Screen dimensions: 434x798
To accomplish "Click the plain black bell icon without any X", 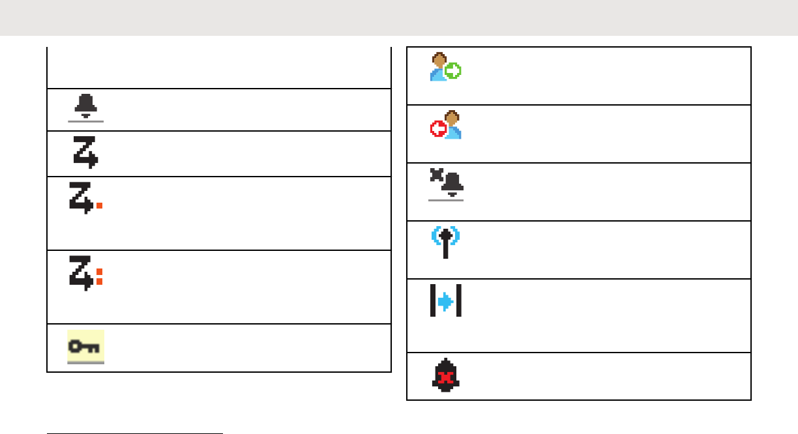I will pos(85,106).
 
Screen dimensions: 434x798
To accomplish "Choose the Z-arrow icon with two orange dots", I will pos(85,272).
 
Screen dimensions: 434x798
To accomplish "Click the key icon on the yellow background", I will pos(86,347).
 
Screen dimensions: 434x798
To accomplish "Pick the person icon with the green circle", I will pos(445,67).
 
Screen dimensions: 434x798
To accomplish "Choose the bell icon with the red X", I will pos(445,377).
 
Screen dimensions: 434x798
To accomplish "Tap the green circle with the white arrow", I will pos(453,71).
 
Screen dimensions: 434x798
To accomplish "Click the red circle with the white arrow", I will pos(437,129).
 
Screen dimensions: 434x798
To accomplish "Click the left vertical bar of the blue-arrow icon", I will pos(432,300).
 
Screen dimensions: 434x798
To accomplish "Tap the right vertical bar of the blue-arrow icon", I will pos(459,300).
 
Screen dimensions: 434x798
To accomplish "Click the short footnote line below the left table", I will pos(135,432).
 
